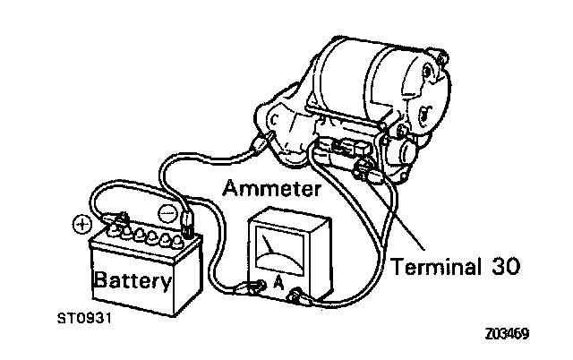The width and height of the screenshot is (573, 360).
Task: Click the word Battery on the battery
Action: tap(133, 282)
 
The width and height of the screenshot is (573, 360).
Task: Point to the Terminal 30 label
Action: tap(458, 266)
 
